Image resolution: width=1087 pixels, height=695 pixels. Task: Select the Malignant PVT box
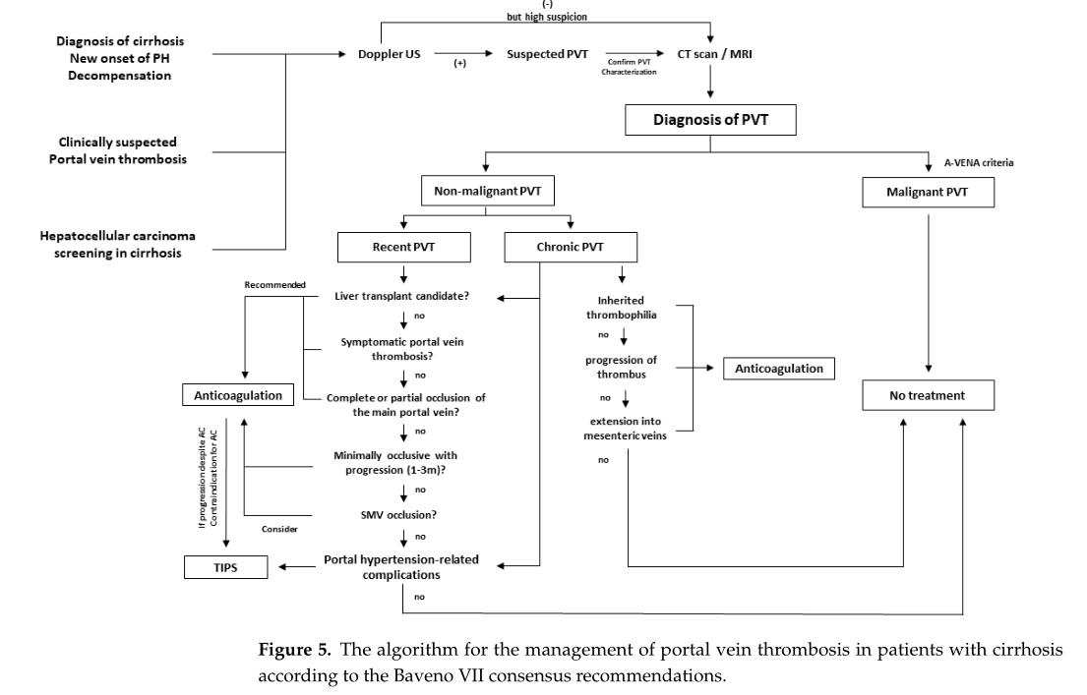[929, 193]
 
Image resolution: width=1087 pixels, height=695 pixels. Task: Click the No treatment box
[929, 396]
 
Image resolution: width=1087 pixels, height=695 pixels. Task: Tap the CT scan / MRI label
[710, 54]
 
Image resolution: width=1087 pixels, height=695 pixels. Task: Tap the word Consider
[279, 529]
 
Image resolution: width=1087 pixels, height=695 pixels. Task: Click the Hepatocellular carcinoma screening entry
[110, 243]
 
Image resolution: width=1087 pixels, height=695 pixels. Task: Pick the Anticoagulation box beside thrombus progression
[778, 369]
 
